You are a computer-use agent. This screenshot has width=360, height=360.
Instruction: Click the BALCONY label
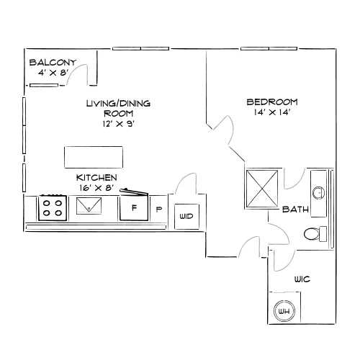tap(53, 63)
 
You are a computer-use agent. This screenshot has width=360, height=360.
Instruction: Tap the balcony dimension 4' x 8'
tap(53, 73)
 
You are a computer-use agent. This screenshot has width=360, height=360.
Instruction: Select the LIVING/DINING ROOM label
tap(118, 108)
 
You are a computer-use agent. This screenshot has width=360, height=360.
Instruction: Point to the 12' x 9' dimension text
tap(118, 124)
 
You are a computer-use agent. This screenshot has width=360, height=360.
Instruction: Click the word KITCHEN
tap(96, 178)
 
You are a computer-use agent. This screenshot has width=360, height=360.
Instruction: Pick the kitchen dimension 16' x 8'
tap(96, 188)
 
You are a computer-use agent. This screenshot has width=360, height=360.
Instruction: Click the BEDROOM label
tap(272, 102)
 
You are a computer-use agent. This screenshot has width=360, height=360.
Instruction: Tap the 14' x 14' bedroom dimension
tap(272, 112)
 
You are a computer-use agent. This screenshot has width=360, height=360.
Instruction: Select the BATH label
tap(295, 210)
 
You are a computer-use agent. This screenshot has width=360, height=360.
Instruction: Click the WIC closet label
tap(302, 279)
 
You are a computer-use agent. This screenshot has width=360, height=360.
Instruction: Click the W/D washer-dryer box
tap(186, 216)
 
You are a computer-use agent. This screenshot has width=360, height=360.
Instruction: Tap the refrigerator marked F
tap(134, 207)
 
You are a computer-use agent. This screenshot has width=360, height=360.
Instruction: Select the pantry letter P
tap(158, 210)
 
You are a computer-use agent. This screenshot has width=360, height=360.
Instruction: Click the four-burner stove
tap(53, 208)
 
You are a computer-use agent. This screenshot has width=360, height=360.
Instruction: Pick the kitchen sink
tap(89, 206)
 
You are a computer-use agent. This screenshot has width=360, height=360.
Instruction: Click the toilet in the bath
tap(315, 234)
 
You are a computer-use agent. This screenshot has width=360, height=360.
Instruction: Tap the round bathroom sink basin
tap(319, 192)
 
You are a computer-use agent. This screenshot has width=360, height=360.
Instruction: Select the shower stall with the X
tap(262, 189)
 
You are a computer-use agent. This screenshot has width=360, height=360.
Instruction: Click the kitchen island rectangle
tap(94, 157)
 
